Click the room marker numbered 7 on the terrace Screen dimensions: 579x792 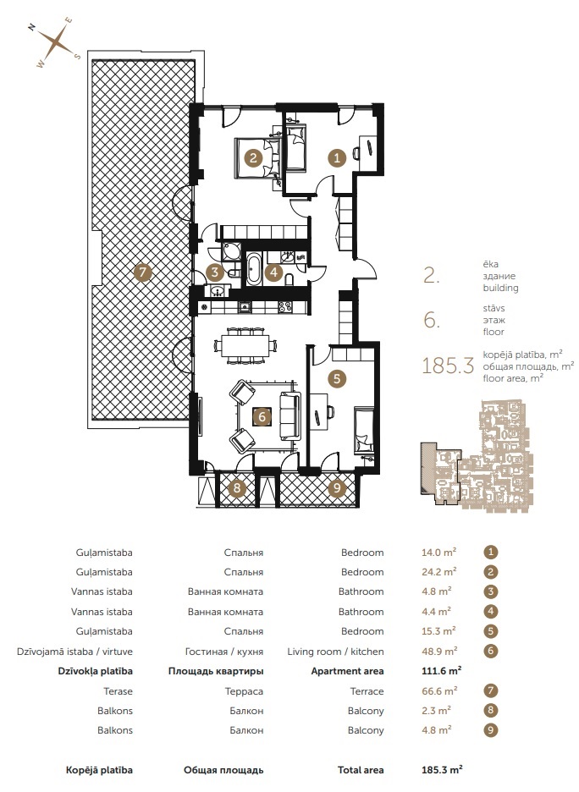(x=142, y=272)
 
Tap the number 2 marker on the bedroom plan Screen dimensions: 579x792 (x=253, y=157)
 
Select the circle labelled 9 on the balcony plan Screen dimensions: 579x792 (x=337, y=488)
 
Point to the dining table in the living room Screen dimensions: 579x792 (x=245, y=346)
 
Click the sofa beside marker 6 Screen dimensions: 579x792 (x=289, y=416)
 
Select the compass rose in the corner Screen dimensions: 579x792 (x=59, y=43)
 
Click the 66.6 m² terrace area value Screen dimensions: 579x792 (x=439, y=691)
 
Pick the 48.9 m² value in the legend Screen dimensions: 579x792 (x=439, y=651)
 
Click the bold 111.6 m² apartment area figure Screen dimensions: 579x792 (x=441, y=671)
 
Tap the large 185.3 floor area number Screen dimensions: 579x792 (x=448, y=366)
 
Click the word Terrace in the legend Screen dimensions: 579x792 (x=367, y=691)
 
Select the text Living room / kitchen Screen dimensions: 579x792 (x=335, y=652)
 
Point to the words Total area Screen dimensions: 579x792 (x=361, y=770)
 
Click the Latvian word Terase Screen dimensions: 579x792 (x=119, y=691)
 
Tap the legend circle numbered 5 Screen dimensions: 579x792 (x=490, y=631)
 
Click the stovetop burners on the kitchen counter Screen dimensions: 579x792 (x=284, y=306)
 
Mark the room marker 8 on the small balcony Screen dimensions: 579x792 (x=236, y=488)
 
